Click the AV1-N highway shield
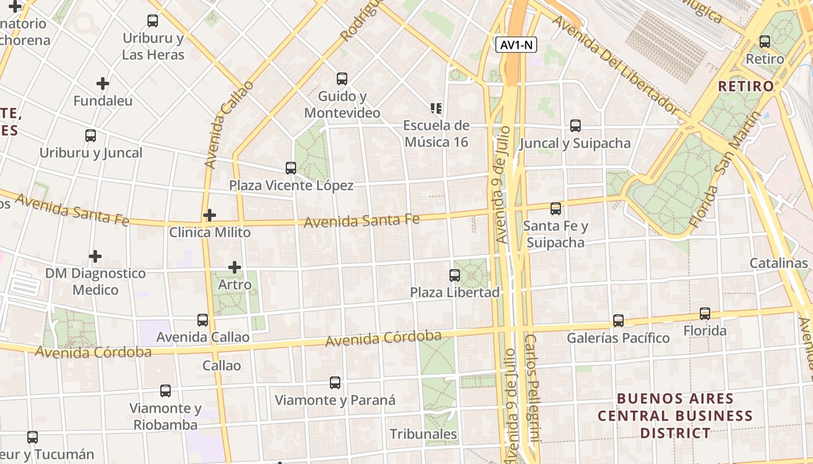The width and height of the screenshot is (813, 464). point(516,45)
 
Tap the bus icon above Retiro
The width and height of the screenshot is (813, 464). point(765,42)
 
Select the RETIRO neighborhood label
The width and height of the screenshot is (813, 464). point(746,86)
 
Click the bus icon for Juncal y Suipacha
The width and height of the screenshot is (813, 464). point(575,125)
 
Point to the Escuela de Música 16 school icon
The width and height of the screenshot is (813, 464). point(436,108)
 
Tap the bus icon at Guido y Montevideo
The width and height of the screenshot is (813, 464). point(342,78)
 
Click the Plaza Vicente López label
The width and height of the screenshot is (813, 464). point(291,186)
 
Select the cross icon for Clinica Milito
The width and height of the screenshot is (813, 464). point(210,215)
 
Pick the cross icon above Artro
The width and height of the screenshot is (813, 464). point(235,267)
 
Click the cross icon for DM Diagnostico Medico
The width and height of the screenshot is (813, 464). point(95,256)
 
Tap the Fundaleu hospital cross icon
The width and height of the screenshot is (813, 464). point(103,84)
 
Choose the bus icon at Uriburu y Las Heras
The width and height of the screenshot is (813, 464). point(153,21)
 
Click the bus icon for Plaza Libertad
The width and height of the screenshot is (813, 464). point(455,275)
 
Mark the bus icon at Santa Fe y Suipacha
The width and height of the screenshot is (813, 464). point(556,208)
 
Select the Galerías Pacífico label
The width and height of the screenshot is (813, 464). point(618,338)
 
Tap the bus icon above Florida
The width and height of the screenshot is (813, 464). point(705,314)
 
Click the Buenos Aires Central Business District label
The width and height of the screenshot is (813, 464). point(675,416)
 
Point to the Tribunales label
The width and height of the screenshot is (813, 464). point(423,434)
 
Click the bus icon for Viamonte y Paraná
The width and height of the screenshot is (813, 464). point(335,383)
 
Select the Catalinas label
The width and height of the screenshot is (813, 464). point(778,263)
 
